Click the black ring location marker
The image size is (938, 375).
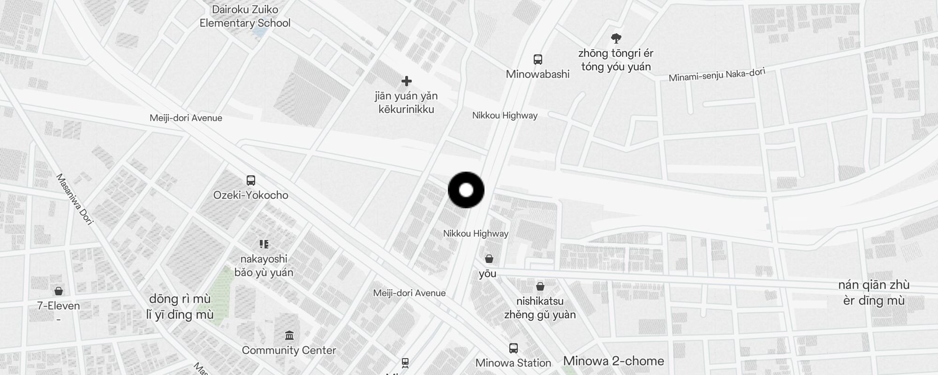coord(466,190)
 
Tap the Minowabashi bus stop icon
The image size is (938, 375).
coord(538,60)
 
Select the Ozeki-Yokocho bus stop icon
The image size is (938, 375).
coord(251,180)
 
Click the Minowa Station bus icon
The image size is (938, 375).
coord(514,348)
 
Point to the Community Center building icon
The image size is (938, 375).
coord(289,336)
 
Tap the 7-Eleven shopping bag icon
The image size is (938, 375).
coord(59,291)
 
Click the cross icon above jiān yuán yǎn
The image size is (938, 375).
coord(407,82)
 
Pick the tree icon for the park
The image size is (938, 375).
coord(616,38)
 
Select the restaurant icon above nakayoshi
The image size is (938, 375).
coord(264,244)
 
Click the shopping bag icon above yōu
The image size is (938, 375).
coord(489,259)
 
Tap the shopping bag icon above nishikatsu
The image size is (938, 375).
coord(540,286)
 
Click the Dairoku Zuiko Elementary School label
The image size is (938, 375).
coord(245,16)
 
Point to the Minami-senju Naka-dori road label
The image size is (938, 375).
coord(717,75)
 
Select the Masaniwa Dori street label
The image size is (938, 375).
coord(75,199)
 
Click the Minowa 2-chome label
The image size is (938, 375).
coord(613,361)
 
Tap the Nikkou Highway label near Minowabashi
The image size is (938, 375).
coord(505,115)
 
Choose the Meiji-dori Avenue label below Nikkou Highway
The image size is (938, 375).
coord(409,293)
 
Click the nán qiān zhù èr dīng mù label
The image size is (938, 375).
coord(874,292)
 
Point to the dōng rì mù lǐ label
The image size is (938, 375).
coord(180,307)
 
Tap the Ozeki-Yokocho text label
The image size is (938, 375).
coord(251,195)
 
